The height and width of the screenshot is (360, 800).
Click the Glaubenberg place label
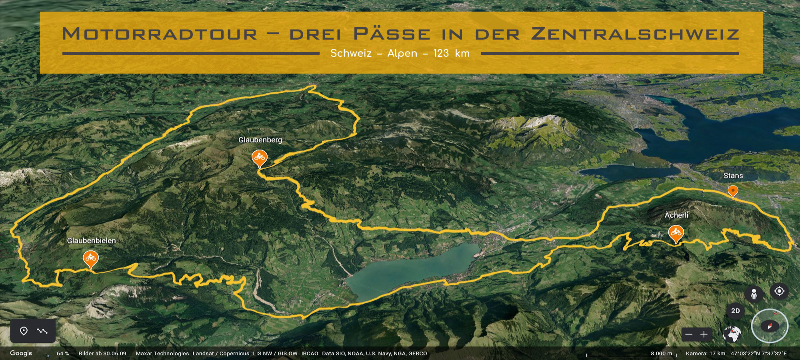tap(260, 140)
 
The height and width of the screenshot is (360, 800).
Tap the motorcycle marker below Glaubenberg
tap(260, 157)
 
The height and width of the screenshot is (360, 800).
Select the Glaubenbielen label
tap(91, 241)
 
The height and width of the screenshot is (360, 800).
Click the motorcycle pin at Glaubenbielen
tap(91, 258)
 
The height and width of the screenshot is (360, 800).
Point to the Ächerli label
tap(676, 215)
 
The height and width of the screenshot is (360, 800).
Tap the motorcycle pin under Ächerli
tap(676, 232)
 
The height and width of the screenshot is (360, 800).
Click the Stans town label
tap(733, 176)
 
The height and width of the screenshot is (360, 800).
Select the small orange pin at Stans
tap(733, 190)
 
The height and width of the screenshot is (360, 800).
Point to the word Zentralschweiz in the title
tap(635, 34)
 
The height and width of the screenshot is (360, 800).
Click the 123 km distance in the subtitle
tap(451, 54)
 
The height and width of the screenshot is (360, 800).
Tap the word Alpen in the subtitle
tap(402, 54)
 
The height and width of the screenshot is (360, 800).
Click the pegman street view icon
tap(754, 294)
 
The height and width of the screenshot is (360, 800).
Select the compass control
tap(770, 326)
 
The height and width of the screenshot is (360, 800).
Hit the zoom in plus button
tap(704, 334)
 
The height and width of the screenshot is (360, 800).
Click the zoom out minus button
tap(689, 334)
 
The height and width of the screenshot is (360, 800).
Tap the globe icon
tap(732, 334)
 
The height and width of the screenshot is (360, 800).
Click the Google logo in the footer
tap(21, 353)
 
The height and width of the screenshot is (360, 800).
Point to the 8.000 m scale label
tap(661, 353)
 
